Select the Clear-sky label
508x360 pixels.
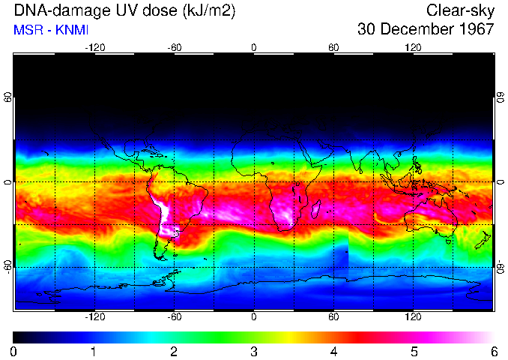[460, 10]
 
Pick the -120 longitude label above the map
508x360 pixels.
[94, 46]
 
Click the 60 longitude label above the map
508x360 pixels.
[333, 46]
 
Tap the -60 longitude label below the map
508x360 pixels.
[174, 317]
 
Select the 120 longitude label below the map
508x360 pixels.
[413, 317]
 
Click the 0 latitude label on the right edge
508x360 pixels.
[501, 182]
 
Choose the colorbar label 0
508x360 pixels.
[14, 351]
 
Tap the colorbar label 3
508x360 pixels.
[254, 351]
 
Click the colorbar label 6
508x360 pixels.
[493, 351]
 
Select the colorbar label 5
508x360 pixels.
[414, 351]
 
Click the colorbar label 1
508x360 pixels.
[94, 351]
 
